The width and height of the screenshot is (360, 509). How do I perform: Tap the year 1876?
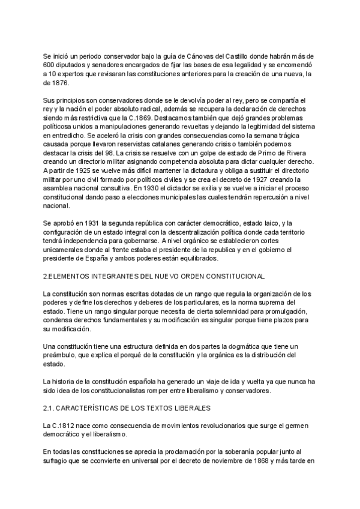tap(52, 83)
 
